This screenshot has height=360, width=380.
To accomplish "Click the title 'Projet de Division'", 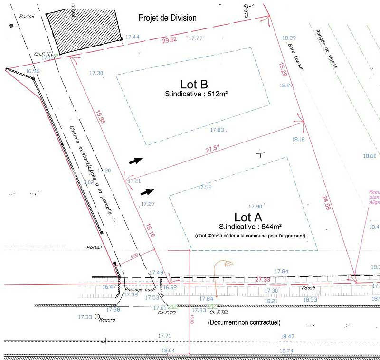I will click(167, 18).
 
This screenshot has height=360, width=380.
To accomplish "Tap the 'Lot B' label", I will click(193, 84).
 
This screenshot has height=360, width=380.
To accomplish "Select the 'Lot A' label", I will click(248, 217).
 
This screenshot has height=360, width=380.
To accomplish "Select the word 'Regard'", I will click(107, 320).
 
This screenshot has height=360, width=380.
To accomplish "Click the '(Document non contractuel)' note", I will click(244, 322).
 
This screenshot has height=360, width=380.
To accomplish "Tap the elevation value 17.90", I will click(256, 207).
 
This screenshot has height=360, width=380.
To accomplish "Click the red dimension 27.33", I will click(262, 280).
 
